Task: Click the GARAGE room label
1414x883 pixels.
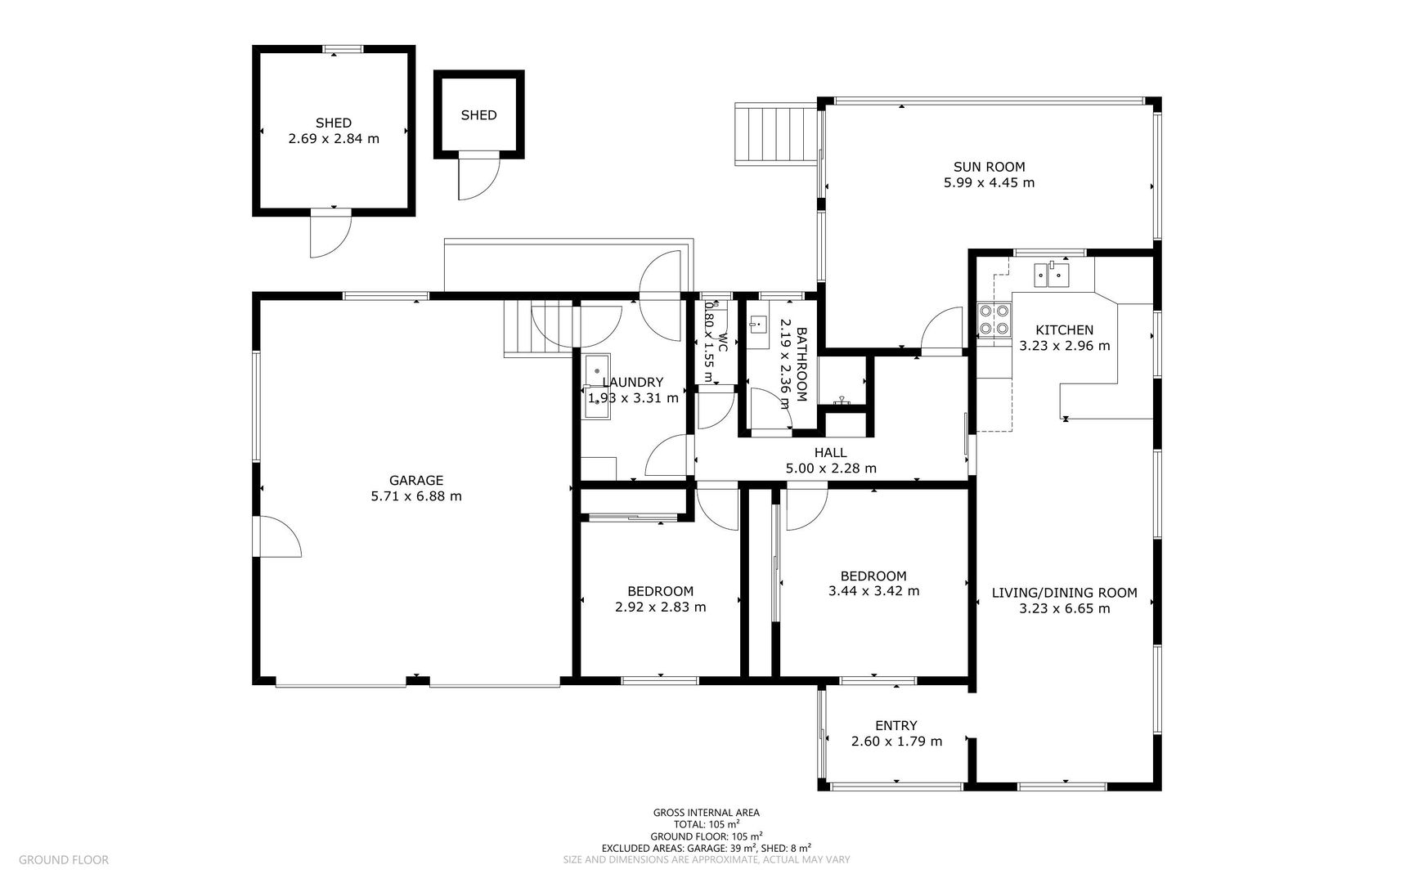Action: [x=415, y=481]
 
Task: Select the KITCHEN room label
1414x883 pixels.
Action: [x=1064, y=330]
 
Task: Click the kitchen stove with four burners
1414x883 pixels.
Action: [x=993, y=320]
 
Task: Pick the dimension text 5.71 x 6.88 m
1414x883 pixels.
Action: [x=416, y=496]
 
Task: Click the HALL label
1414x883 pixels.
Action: [x=830, y=453]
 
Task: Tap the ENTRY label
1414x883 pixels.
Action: [x=896, y=726]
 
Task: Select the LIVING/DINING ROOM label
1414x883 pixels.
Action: [x=1064, y=593]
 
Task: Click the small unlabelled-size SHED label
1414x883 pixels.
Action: [x=478, y=115]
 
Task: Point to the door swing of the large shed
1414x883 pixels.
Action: [x=331, y=234]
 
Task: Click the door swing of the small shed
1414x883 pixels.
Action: [x=478, y=177]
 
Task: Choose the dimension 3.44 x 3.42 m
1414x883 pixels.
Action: [x=873, y=591]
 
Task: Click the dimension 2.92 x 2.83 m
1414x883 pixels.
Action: [x=660, y=607]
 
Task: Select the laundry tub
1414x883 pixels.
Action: [x=596, y=387]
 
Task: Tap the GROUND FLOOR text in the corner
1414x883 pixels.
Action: [x=63, y=859]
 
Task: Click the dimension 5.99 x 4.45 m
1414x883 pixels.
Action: [x=989, y=183]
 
